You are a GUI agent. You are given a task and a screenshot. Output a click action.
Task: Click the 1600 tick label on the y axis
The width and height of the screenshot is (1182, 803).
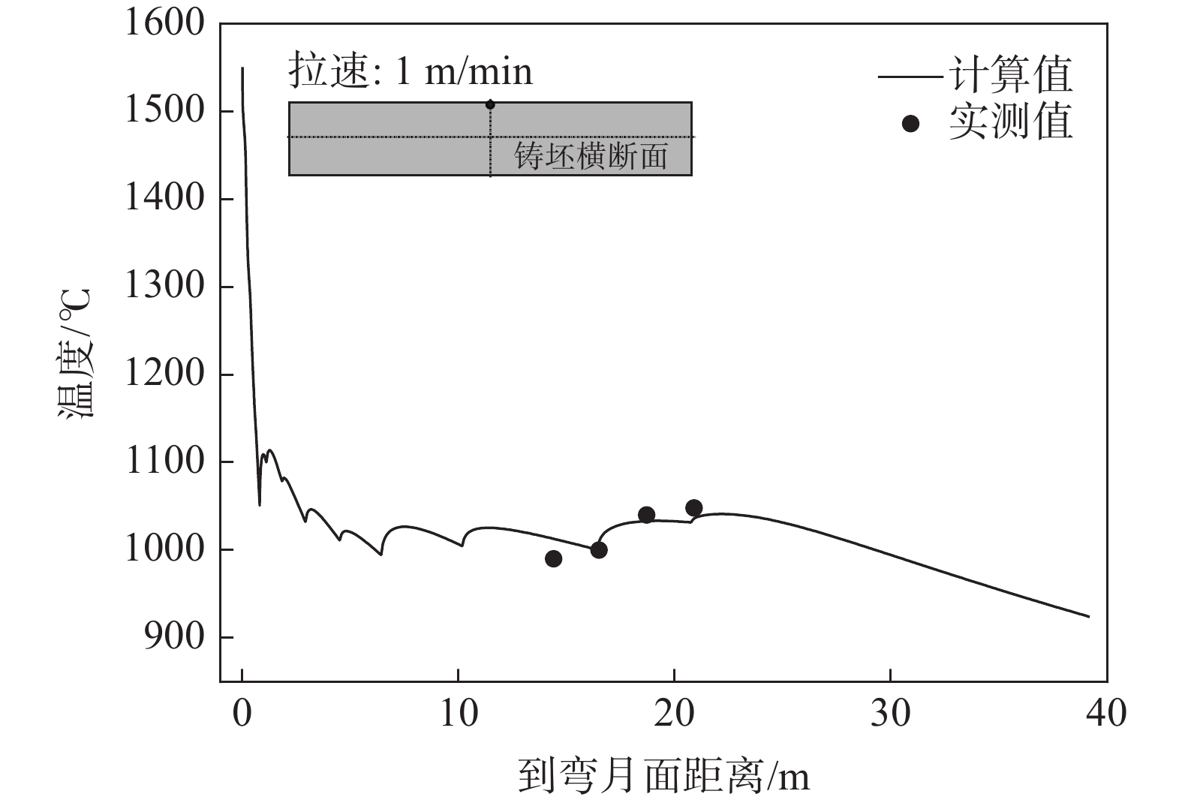[x=164, y=23]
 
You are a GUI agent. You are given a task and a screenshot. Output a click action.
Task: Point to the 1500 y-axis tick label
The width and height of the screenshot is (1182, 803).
[x=164, y=111]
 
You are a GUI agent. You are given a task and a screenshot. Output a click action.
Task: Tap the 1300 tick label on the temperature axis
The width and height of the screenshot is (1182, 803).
[x=164, y=286]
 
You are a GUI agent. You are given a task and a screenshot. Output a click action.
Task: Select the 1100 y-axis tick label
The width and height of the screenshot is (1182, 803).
[x=164, y=462]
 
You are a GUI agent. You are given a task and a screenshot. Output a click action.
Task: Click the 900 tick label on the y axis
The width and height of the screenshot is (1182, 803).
[x=175, y=637]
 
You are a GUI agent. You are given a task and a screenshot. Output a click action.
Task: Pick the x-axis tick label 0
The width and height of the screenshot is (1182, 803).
[x=242, y=713]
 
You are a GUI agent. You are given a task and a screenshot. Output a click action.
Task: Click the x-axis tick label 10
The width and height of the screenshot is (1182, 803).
[x=458, y=713]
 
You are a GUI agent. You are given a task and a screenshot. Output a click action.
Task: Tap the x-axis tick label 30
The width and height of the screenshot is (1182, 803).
[x=890, y=713]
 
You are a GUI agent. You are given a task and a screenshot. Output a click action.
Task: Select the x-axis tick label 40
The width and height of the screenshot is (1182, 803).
[x=1106, y=713]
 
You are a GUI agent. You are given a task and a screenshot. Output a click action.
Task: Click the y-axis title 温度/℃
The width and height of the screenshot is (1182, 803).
[x=76, y=353]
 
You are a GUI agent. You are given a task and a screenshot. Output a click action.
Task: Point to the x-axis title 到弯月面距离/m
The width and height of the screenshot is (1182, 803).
[x=663, y=777]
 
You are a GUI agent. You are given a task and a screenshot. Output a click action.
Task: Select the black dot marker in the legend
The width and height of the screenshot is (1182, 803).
[x=910, y=123]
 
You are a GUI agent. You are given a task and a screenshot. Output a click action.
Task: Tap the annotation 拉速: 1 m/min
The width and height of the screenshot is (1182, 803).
[x=411, y=72]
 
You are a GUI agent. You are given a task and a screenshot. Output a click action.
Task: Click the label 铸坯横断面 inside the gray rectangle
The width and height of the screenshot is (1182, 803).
[x=591, y=157]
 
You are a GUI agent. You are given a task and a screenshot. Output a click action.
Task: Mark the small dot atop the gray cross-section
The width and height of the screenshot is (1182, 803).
[x=490, y=104]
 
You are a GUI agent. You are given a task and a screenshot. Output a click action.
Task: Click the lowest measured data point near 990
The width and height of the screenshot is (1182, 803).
[x=553, y=558]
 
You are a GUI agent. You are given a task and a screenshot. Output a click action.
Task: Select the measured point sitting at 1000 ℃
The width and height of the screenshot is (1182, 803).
[x=598, y=550]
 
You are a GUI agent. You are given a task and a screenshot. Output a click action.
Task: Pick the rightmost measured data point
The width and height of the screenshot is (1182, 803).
[x=693, y=508]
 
